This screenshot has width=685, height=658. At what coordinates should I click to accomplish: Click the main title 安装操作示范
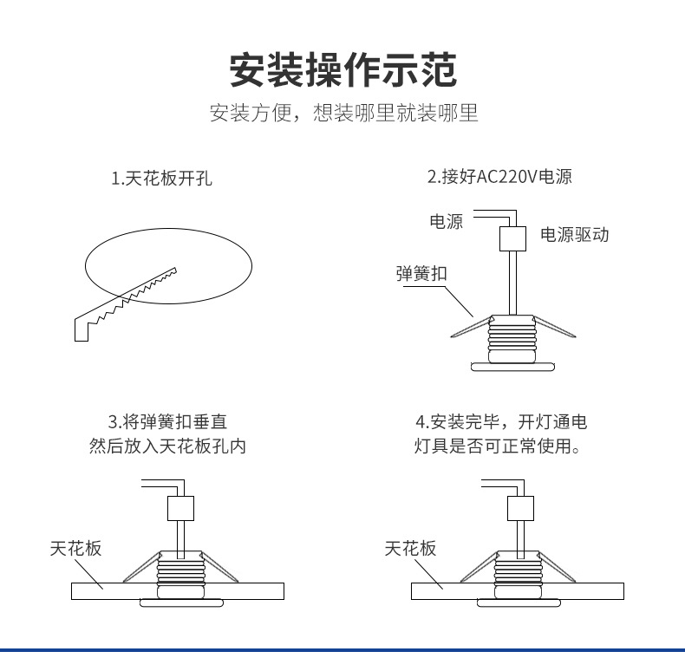[342, 69]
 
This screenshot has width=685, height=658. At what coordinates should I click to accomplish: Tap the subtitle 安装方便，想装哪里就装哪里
[342, 114]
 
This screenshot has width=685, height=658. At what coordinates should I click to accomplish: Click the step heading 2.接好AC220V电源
[499, 178]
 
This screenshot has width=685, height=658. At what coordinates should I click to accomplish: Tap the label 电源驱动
[574, 235]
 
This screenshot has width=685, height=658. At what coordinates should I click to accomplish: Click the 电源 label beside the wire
[447, 222]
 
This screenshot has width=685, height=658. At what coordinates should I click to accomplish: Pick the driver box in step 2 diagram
[513, 238]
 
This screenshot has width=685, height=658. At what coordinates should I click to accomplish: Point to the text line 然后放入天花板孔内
[174, 447]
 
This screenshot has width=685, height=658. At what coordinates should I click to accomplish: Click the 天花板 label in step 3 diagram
[75, 549]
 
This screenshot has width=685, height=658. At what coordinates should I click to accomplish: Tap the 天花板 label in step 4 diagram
[410, 549]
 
